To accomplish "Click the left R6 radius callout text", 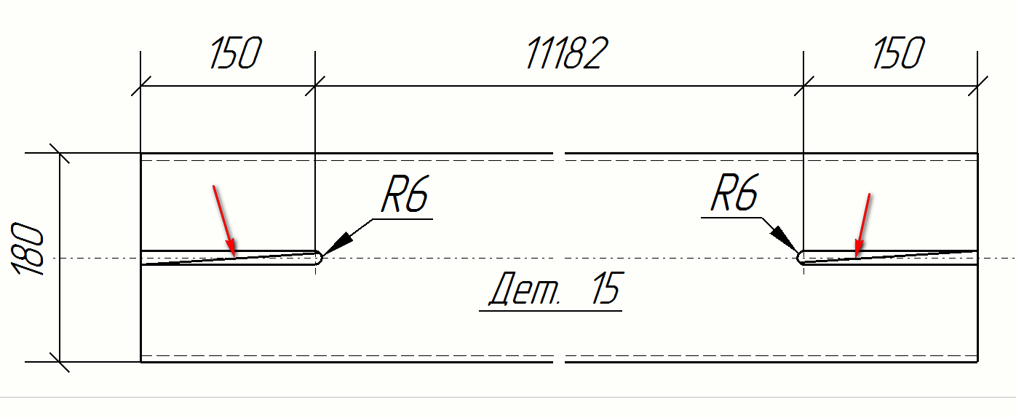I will point(405,195).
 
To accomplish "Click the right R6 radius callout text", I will point(734,193).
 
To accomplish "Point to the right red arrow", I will point(862,225).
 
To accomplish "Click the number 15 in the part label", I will point(605,290).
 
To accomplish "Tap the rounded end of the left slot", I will point(318,258).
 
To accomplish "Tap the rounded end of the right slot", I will point(801,257).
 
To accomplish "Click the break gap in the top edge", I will point(559,154).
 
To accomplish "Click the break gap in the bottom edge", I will point(559,361).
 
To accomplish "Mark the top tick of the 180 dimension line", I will point(59,154).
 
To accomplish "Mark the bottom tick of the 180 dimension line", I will point(59,361).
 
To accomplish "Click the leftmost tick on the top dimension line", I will point(140,85).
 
